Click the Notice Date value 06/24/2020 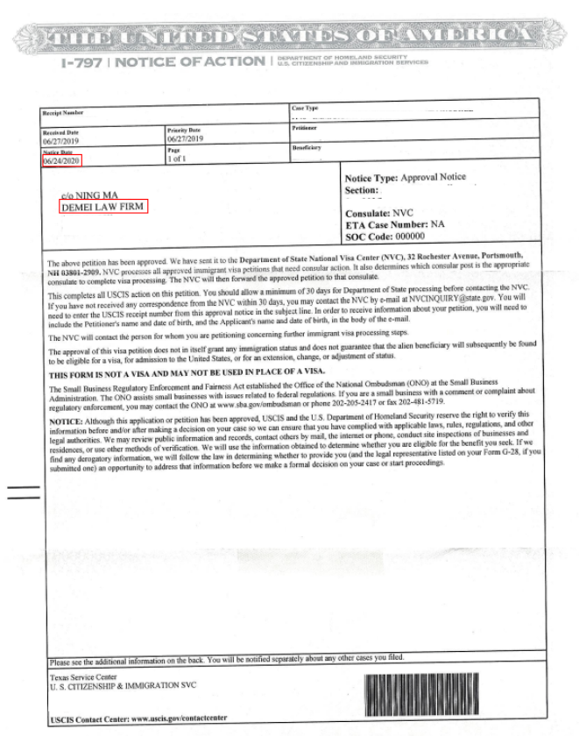62,161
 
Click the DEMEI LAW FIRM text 102,207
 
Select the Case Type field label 306,108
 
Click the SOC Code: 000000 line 385,237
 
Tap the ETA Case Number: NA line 394,225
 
